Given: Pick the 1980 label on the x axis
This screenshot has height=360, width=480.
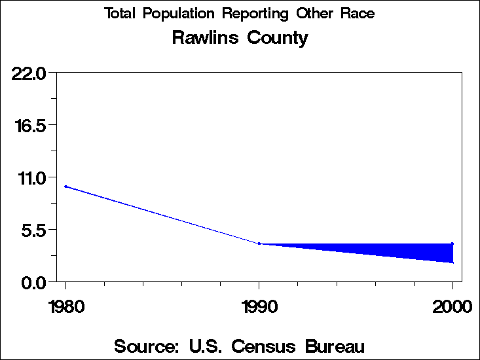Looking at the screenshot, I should (65, 306).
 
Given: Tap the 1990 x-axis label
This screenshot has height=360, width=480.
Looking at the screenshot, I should (259, 306).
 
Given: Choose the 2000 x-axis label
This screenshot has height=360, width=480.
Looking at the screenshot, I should (452, 306).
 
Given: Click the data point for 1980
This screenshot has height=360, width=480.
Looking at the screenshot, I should (65, 187).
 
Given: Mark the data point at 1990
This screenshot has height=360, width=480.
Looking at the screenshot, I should (259, 243).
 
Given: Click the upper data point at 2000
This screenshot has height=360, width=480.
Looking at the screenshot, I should (452, 243).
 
